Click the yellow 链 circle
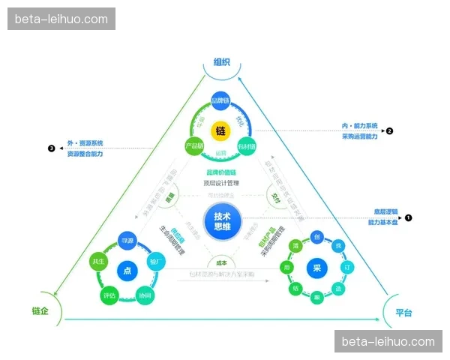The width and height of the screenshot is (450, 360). (x=220, y=130)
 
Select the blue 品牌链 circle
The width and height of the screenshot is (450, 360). (x=220, y=100)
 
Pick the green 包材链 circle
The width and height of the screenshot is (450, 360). (x=247, y=145)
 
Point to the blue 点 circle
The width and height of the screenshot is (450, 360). (x=127, y=270)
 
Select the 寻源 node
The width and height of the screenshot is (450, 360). (x=127, y=240)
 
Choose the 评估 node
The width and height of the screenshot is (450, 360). (x=109, y=295)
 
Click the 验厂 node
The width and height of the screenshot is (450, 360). (x=156, y=260)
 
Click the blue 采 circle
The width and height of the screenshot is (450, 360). (x=316, y=269)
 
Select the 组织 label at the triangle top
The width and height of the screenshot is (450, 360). (x=221, y=62)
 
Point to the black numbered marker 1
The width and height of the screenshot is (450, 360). (x=409, y=217)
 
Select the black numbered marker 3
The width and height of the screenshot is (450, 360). (x=51, y=148)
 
